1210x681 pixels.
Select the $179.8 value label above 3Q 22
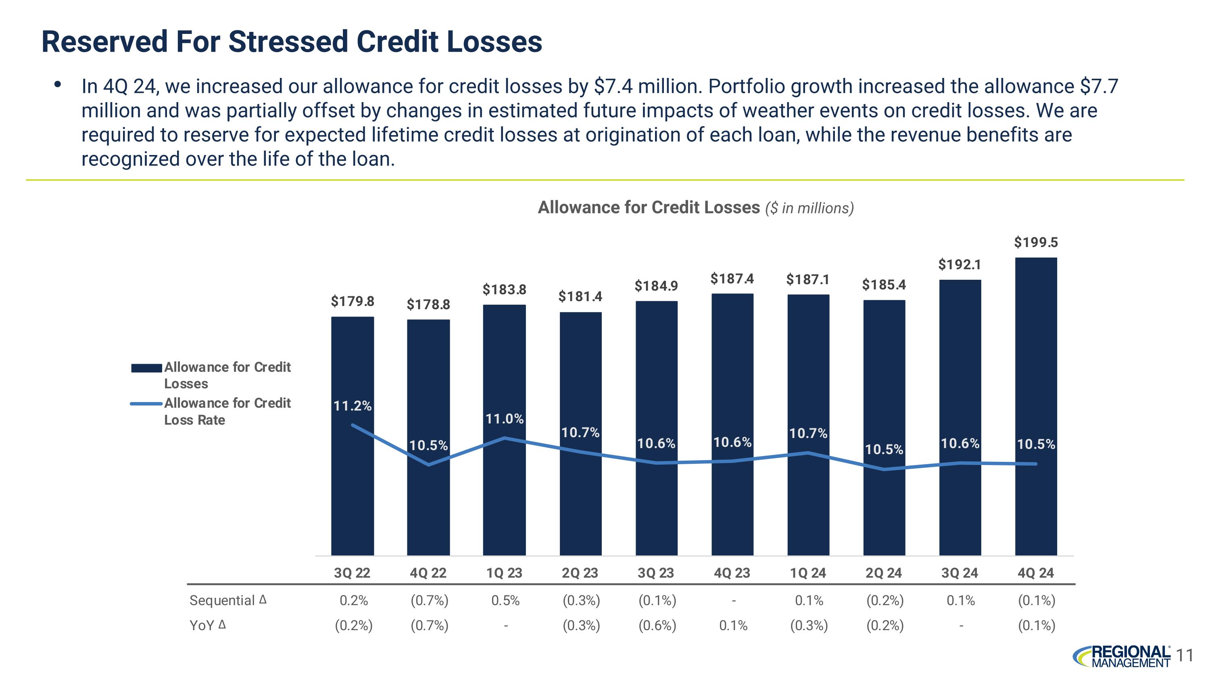click(352, 301)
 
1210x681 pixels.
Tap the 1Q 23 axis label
click(504, 573)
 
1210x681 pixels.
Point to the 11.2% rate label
click(352, 406)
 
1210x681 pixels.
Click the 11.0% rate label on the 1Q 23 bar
click(505, 419)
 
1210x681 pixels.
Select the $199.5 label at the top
click(1036, 243)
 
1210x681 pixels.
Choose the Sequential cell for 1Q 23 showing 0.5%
click(505, 601)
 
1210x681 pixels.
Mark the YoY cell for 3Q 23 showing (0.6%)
click(657, 626)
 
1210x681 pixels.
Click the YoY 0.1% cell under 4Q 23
click(733, 626)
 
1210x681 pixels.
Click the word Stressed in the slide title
click(288, 42)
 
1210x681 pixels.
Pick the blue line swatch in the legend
click(146, 404)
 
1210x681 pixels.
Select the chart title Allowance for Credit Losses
click(648, 207)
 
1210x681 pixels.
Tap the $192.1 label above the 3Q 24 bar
click(960, 264)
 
